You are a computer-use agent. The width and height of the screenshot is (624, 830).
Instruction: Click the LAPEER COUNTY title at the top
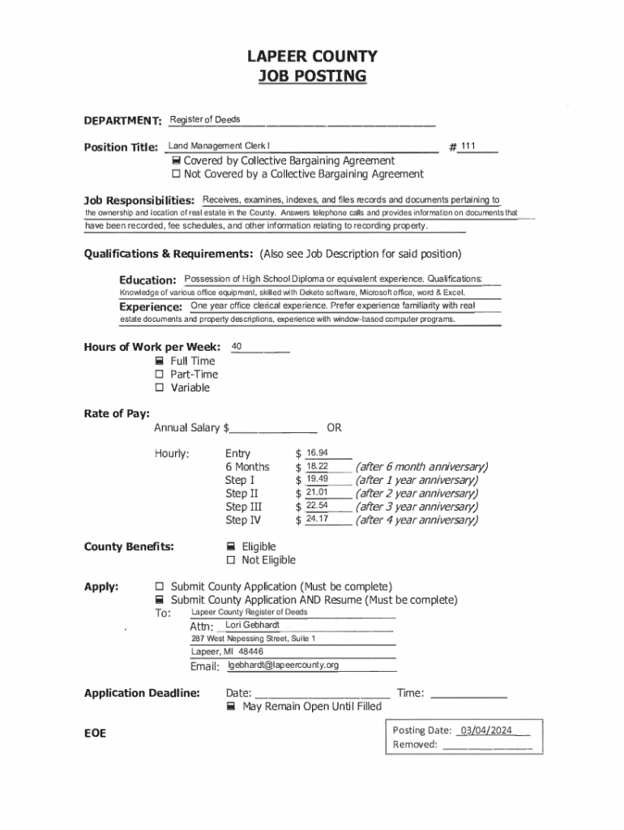(312, 56)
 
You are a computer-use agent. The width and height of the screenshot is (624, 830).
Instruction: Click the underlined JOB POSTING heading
(312, 76)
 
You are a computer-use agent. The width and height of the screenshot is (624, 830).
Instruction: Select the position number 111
(468, 146)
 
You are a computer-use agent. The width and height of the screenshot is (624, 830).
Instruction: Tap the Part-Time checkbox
(160, 374)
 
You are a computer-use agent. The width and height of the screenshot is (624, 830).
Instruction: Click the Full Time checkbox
(160, 361)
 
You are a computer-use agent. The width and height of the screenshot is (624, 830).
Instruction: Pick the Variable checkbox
(160, 388)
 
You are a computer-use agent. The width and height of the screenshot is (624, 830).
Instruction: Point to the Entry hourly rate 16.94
(317, 452)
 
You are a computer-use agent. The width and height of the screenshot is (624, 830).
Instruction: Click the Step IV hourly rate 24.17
(317, 519)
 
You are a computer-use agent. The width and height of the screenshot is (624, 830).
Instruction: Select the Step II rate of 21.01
(317, 492)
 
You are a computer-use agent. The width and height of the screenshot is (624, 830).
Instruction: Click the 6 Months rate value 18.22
(317, 466)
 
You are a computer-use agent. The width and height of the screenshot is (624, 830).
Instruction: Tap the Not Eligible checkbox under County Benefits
(231, 560)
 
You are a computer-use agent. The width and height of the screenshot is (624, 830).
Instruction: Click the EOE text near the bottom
(96, 734)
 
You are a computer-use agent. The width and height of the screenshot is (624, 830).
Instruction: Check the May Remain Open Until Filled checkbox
(231, 707)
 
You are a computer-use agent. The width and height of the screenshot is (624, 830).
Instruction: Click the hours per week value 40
(237, 347)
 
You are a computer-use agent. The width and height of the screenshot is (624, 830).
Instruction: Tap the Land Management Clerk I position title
(219, 146)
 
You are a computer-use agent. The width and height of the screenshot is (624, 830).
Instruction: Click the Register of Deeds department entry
(205, 120)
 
